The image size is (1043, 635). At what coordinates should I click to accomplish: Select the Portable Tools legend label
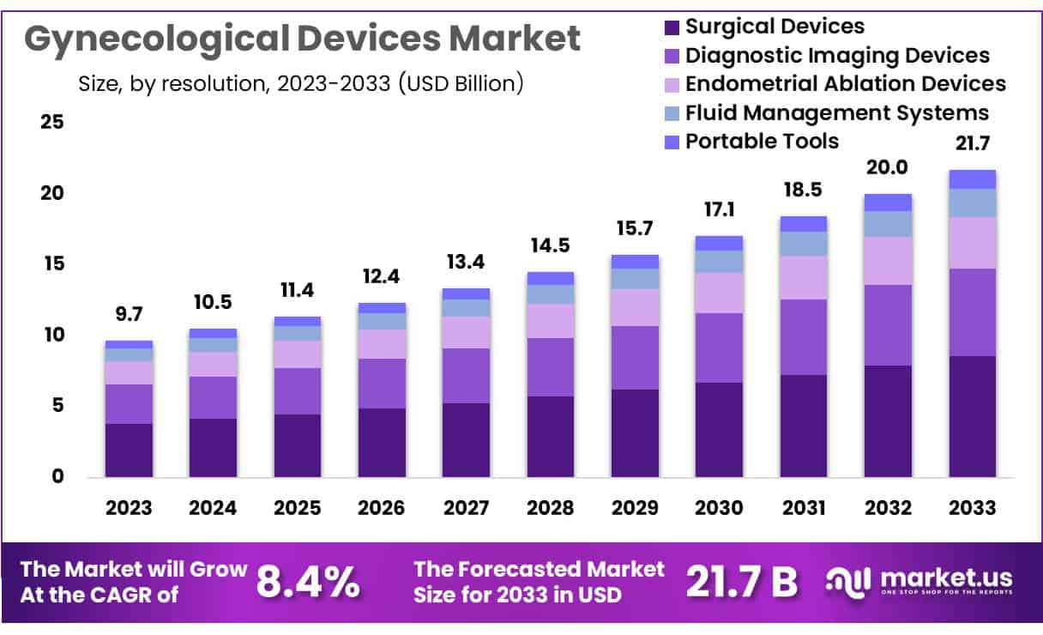[762, 141]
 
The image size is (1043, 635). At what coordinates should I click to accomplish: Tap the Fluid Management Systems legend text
[837, 112]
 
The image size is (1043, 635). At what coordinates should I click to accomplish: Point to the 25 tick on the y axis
[52, 122]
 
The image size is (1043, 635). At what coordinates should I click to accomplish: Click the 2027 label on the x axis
[466, 507]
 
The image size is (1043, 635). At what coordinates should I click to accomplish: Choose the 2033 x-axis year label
[972, 507]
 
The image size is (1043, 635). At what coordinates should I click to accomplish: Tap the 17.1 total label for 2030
[719, 210]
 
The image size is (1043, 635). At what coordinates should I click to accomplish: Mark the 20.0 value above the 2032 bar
[888, 167]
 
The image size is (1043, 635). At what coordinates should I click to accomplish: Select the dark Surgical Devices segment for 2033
[972, 416]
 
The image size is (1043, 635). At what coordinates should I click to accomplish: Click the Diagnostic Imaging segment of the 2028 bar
[550, 366]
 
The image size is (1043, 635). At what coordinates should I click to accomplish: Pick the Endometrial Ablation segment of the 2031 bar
[804, 277]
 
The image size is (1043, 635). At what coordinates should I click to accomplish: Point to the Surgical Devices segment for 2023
[129, 450]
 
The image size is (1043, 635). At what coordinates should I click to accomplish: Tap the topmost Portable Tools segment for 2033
[972, 178]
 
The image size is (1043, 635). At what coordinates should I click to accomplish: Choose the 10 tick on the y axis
[52, 335]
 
